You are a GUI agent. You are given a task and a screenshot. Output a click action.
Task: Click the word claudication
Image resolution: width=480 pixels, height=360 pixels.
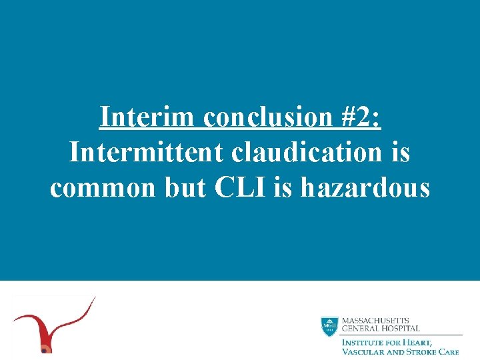309,153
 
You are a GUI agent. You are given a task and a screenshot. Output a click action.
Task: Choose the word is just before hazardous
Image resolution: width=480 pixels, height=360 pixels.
283,188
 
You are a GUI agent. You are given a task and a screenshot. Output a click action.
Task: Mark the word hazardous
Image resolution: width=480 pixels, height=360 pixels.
365,188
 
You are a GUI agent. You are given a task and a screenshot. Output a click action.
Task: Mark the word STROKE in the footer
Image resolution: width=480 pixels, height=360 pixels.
421,351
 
